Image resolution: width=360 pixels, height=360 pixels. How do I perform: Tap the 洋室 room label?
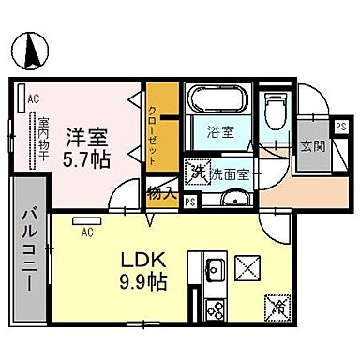(x=83, y=136)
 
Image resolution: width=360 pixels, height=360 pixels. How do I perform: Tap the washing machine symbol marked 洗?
(x=199, y=172)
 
